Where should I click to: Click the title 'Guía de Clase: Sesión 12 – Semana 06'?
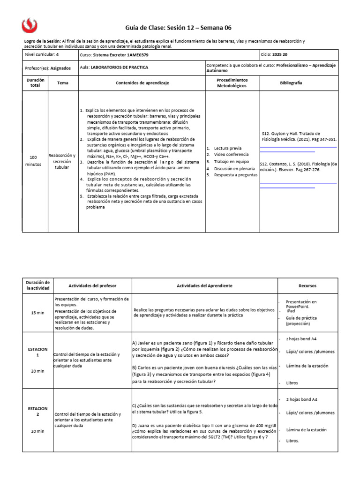click(179, 28)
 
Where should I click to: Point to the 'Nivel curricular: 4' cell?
click(42, 54)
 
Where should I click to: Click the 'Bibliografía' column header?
click(291, 82)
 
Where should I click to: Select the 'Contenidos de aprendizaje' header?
click(142, 82)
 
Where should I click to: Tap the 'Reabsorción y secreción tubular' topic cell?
click(62, 161)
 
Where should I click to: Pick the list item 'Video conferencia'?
click(231, 155)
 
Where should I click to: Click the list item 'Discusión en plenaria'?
click(235, 168)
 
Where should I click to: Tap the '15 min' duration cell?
click(37, 313)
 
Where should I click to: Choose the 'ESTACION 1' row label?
click(37, 352)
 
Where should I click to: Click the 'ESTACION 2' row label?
click(37, 411)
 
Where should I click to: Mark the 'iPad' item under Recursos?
click(291, 311)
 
